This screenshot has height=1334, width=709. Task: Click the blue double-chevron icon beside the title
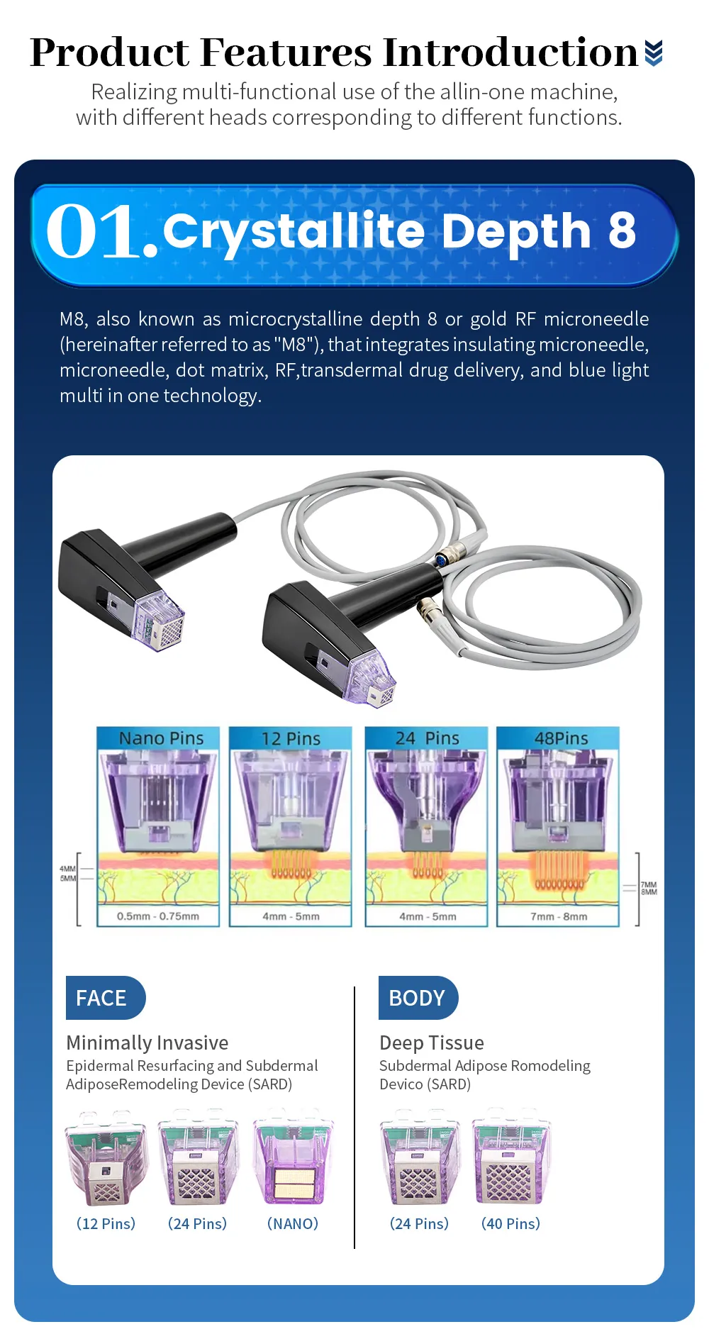point(654,52)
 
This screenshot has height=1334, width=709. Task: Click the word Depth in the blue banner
point(516,231)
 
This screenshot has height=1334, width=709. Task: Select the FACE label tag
point(105,998)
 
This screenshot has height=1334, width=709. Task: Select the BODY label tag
point(418,998)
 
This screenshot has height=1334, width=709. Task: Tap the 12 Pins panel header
point(291,738)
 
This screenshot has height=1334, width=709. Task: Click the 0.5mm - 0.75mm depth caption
point(158,916)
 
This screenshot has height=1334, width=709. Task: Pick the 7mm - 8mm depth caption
point(559,916)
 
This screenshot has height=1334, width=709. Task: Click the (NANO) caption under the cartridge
point(293,1223)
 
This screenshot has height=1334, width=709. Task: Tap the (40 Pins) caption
point(510,1223)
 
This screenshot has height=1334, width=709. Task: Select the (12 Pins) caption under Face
point(106,1223)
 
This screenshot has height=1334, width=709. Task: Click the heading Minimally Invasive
point(147,1043)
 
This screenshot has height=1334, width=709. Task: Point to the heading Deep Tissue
point(432,1043)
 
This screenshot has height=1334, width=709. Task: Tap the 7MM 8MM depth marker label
point(649,888)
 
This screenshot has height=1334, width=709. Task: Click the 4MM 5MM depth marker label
point(67,873)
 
